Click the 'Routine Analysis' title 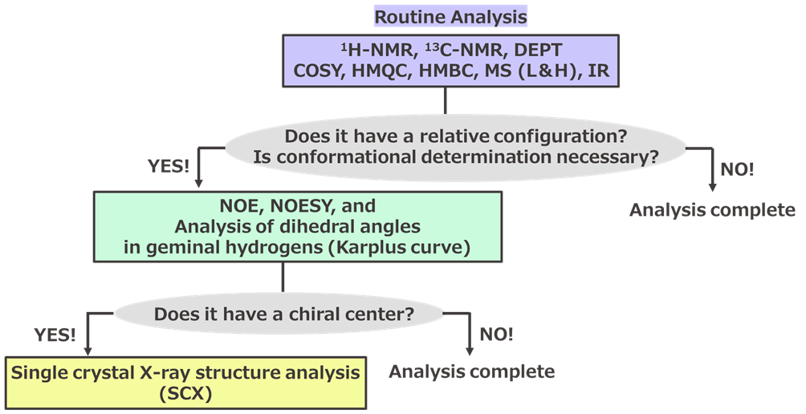(450, 16)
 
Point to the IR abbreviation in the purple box (599, 71)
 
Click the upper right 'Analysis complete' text (711, 210)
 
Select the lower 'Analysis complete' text (471, 371)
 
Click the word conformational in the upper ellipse (336, 157)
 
